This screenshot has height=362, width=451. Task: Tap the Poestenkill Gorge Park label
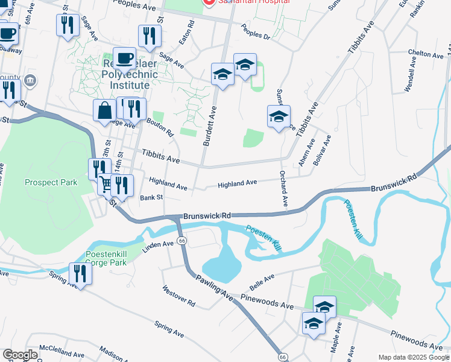tap(106, 258)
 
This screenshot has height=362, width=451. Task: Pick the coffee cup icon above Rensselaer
tap(124, 59)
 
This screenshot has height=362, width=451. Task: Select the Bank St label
tap(151, 197)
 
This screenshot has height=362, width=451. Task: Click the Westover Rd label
tap(179, 295)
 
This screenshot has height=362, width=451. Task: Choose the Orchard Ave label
tap(282, 188)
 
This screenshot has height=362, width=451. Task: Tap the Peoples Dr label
tap(256, 31)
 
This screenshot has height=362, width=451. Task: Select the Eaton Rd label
tap(190, 34)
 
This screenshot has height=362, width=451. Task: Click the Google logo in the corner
tap(19, 355)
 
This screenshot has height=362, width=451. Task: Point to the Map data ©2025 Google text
tap(413, 357)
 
